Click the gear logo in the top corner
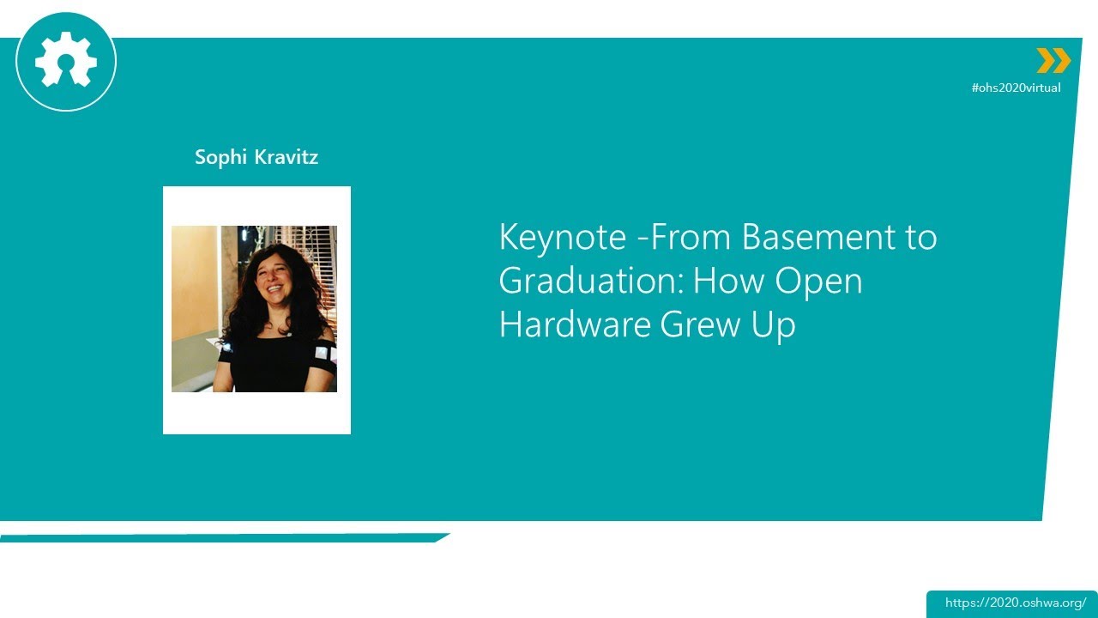pos(66,62)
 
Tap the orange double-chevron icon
pos(1053,61)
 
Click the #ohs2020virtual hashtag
pos(1016,88)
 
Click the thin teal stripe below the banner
pos(223,538)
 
